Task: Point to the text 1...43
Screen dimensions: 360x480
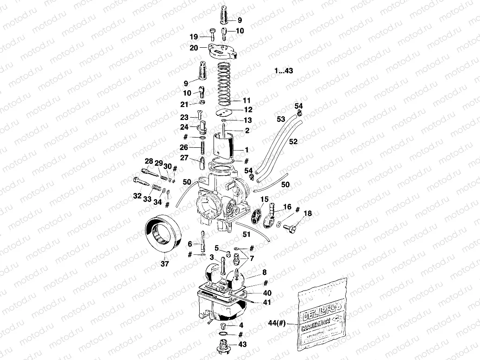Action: [284, 71]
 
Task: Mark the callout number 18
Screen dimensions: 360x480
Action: [308, 214]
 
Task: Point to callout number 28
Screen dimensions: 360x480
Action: [148, 161]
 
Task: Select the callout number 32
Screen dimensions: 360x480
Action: [137, 196]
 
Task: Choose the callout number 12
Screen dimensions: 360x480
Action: [248, 110]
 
